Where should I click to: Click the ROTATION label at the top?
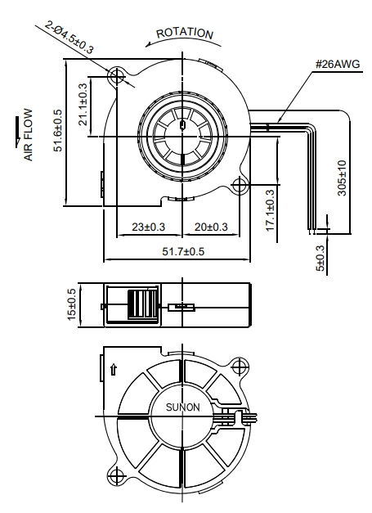point(185,34)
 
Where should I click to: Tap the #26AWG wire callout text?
point(338,64)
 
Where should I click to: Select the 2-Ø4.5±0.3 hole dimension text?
point(69,38)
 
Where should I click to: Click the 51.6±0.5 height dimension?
point(57,130)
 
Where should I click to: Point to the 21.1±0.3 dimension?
point(83,105)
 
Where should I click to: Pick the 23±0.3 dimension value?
point(149,227)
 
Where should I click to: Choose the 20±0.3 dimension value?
point(211,227)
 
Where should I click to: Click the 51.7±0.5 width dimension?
point(183,251)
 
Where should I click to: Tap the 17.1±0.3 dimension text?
point(270,210)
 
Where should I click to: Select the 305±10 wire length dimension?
point(342,178)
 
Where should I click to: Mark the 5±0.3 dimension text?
point(321,259)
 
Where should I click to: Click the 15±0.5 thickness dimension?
point(71,304)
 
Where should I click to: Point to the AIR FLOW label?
point(29,135)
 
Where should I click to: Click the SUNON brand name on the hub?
point(183,407)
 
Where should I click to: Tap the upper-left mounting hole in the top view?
point(116,77)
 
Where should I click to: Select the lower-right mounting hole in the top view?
point(240,186)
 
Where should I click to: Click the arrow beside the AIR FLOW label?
point(18,132)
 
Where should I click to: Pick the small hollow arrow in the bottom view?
point(114,369)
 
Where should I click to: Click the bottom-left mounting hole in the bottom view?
point(116,476)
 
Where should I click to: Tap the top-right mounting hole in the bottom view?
point(240,367)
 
